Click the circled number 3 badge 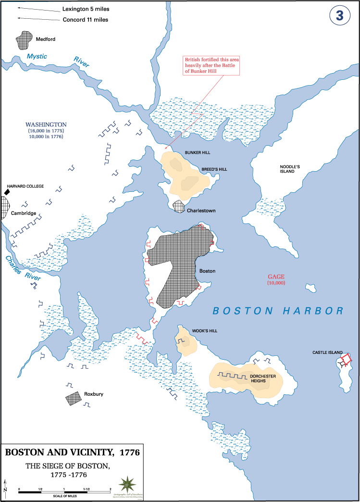[x=339, y=15]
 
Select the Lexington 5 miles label [x=85, y=9]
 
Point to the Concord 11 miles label [x=85, y=20]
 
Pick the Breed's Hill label [x=214, y=169]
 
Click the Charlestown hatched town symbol [x=179, y=206]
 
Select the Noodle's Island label [x=290, y=169]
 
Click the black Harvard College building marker [x=7, y=192]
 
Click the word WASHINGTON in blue [x=46, y=125]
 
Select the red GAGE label [x=276, y=276]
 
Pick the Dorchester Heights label [x=262, y=378]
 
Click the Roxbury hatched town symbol [x=73, y=398]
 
